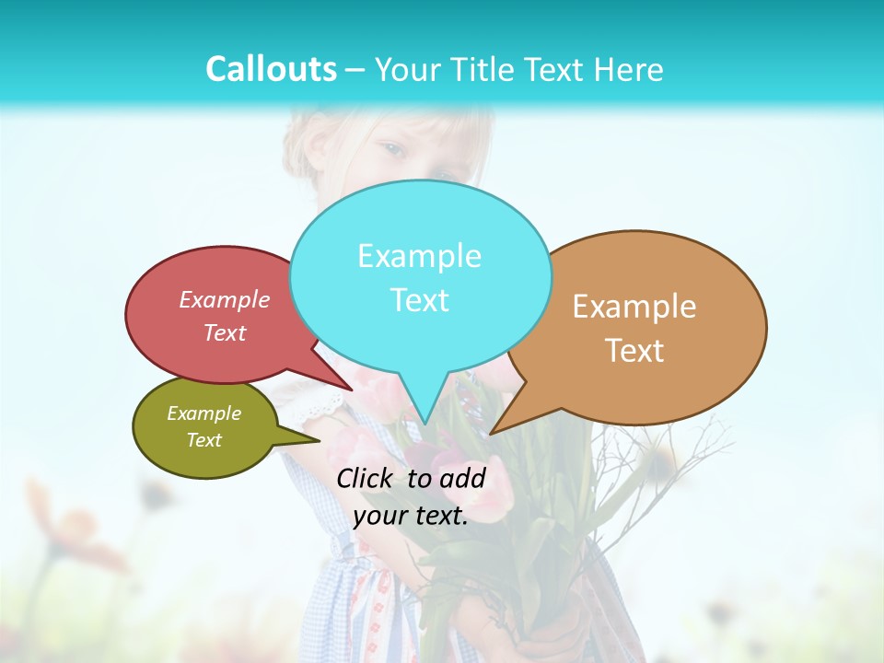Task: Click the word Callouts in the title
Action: tap(271, 69)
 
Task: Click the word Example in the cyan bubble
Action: tap(419, 255)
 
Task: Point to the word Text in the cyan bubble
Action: tap(419, 299)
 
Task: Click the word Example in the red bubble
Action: tap(225, 299)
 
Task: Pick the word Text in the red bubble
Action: tap(225, 332)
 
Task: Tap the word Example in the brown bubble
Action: tap(634, 306)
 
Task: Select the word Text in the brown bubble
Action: tap(634, 350)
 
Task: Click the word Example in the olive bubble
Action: tap(204, 413)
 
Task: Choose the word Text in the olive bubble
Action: tap(204, 440)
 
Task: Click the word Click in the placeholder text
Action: tap(366, 478)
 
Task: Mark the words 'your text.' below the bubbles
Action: tap(411, 516)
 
